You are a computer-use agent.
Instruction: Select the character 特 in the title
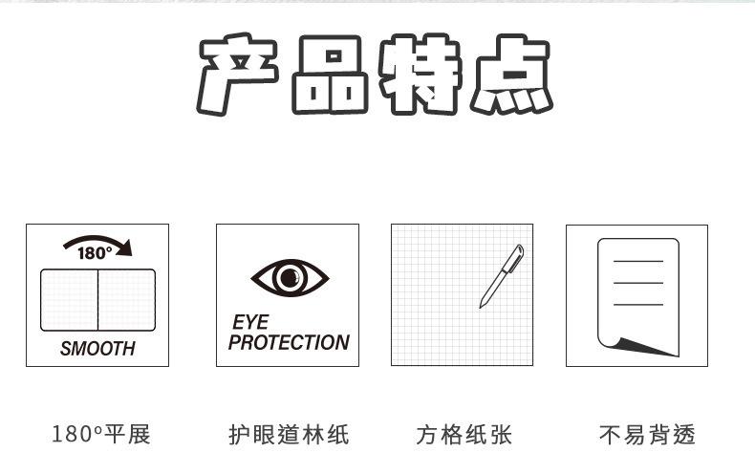tap(421, 76)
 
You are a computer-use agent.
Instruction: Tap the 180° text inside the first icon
tap(94, 253)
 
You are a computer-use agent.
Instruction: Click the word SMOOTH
tap(97, 349)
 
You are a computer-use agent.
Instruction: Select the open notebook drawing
tap(97, 300)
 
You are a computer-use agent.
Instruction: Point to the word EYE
tap(250, 323)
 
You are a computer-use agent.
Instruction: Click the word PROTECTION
tap(289, 342)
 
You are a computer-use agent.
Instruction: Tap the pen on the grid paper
tap(502, 276)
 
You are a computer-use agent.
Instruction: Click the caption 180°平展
tap(100, 435)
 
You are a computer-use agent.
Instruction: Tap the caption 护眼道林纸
tap(289, 435)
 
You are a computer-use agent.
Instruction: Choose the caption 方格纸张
tap(464, 435)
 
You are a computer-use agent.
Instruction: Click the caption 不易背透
tap(647, 435)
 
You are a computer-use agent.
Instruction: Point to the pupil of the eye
tap(290, 278)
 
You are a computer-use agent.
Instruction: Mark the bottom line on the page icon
tap(638, 304)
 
